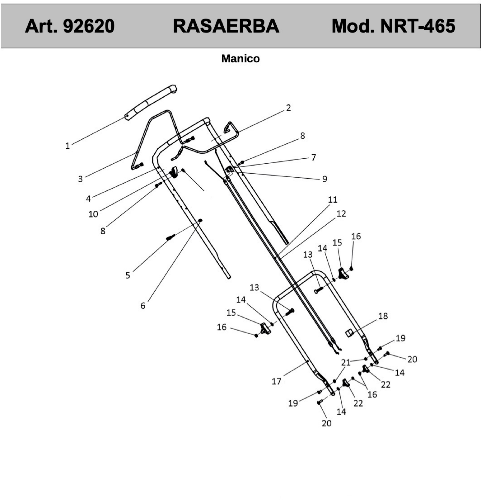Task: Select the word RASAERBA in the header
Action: (x=226, y=26)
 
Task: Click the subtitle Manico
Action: (x=240, y=59)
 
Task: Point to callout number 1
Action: (x=67, y=146)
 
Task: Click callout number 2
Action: (x=288, y=108)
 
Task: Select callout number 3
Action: (x=80, y=179)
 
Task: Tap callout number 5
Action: (x=128, y=275)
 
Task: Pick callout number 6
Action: (x=143, y=306)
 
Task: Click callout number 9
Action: (x=324, y=179)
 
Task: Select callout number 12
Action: (x=341, y=214)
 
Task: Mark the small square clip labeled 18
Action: (x=349, y=333)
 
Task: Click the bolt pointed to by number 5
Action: (x=170, y=237)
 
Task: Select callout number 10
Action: (x=93, y=214)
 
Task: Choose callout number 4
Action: (x=88, y=198)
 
